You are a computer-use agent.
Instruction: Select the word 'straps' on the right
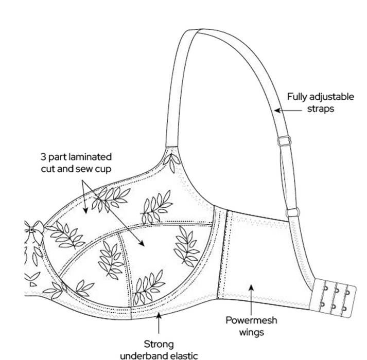322,109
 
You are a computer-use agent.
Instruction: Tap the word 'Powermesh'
251,320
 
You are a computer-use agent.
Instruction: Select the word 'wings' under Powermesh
251,332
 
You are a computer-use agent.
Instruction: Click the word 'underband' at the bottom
142,355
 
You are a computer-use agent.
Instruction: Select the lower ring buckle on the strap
294,211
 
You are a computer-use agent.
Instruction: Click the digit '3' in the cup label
43,156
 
